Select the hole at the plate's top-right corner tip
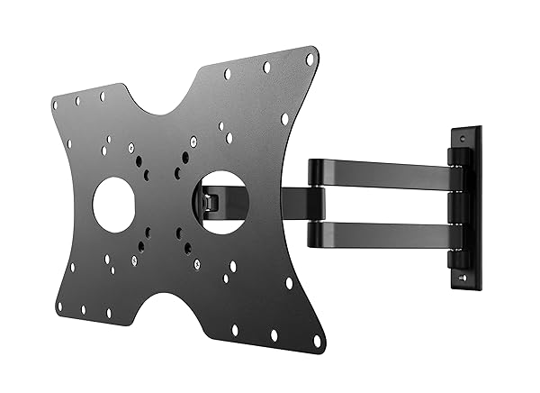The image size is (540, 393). coord(310,59)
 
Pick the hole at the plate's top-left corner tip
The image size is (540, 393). coord(55,105)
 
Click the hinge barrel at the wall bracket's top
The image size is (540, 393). coord(459,157)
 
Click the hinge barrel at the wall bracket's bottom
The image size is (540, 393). coord(459,259)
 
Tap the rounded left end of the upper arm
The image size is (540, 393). coord(316,171)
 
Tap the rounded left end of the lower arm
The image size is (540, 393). coord(316,233)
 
